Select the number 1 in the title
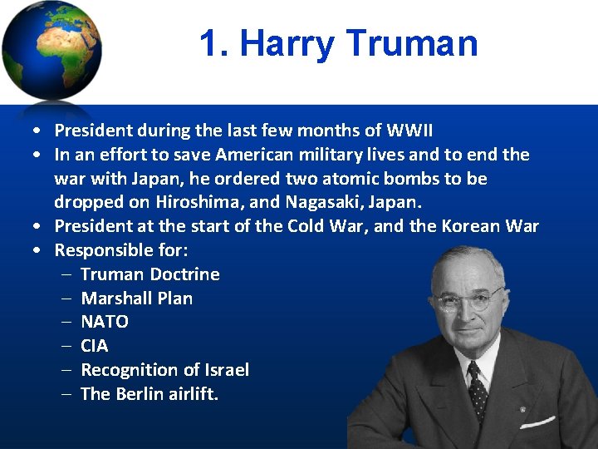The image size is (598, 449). (x=210, y=43)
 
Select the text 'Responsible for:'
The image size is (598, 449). (x=116, y=250)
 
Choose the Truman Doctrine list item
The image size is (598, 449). (x=149, y=274)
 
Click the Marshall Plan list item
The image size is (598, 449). (x=136, y=299)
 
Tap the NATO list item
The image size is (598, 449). (x=104, y=322)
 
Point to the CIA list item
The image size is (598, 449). (x=94, y=346)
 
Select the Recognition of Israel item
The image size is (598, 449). (x=164, y=370)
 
